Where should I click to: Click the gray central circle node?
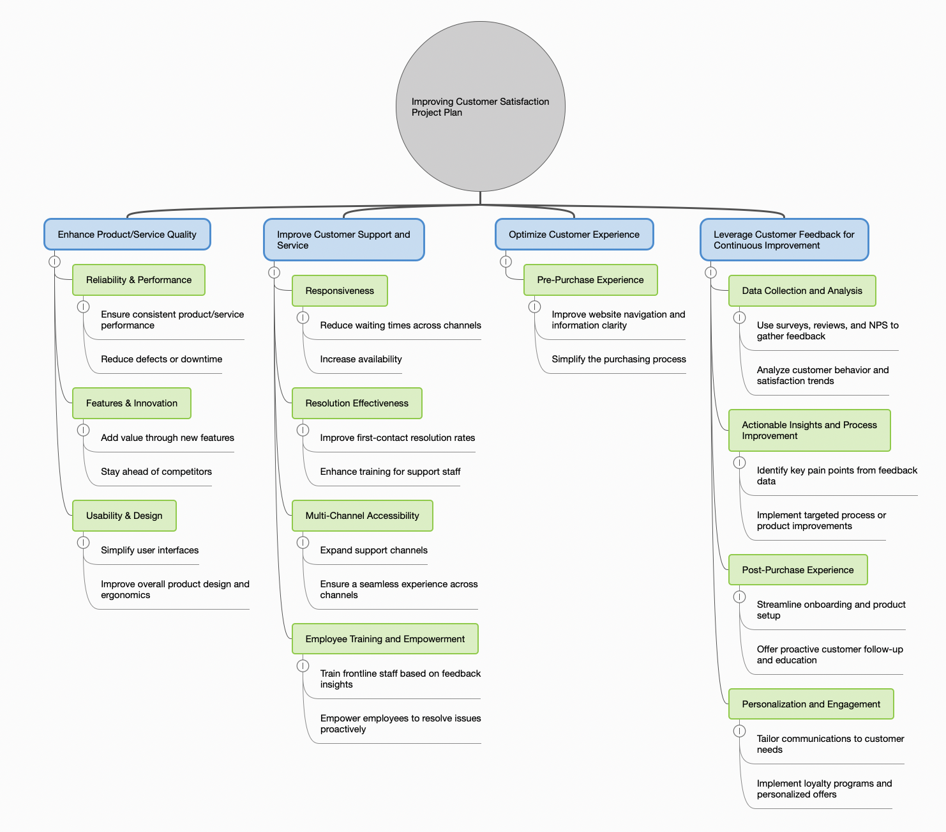(x=480, y=106)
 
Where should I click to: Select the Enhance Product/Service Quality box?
(x=127, y=235)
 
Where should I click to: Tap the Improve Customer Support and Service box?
(x=343, y=240)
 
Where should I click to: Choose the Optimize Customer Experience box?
(x=574, y=235)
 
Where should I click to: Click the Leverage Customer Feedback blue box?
(x=784, y=240)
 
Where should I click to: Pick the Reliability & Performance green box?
(x=139, y=280)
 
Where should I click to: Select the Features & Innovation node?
(x=131, y=403)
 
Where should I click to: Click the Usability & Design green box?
(x=124, y=516)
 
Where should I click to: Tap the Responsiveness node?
(x=340, y=291)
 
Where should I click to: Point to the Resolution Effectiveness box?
(x=357, y=403)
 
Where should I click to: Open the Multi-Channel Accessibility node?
(x=362, y=516)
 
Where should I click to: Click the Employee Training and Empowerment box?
(x=385, y=639)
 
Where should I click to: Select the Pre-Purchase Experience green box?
(x=590, y=280)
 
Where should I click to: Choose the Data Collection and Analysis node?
(x=802, y=291)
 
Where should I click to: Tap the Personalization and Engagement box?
(x=811, y=704)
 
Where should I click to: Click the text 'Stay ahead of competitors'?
(x=156, y=472)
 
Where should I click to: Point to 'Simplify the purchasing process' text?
(x=619, y=359)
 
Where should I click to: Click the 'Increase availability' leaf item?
(x=361, y=359)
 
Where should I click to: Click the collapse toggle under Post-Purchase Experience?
(x=739, y=597)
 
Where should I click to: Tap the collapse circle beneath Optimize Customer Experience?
(x=506, y=261)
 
